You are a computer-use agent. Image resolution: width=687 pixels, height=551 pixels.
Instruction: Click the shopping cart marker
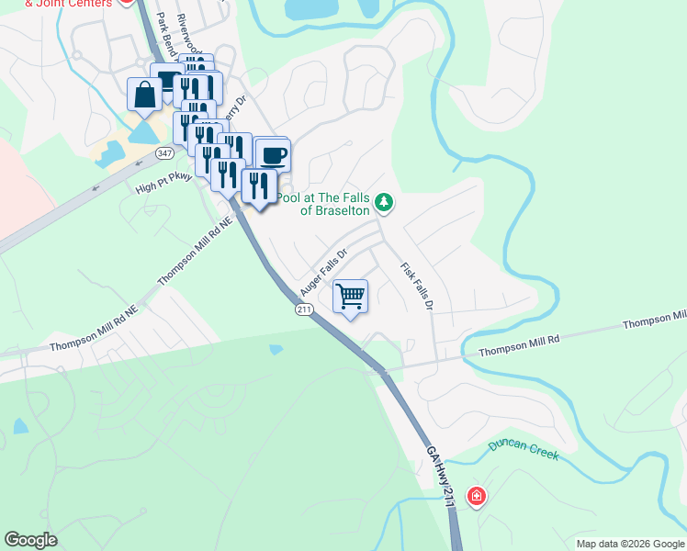(349, 296)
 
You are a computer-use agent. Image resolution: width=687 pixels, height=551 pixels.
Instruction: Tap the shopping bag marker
(145, 93)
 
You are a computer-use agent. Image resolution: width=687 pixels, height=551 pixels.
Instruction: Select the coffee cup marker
(272, 153)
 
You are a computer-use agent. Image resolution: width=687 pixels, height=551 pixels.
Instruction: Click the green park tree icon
(385, 202)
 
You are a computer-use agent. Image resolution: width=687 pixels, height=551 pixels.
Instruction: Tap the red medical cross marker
(476, 498)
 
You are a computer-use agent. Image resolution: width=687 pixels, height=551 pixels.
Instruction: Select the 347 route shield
(164, 152)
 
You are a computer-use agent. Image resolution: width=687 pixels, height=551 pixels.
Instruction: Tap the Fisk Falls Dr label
(416, 287)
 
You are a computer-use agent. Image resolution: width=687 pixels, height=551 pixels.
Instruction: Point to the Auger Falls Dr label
(325, 268)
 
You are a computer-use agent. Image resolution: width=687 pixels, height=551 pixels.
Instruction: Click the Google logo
(30, 540)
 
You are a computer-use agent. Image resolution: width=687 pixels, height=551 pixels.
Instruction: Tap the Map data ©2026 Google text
(630, 544)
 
